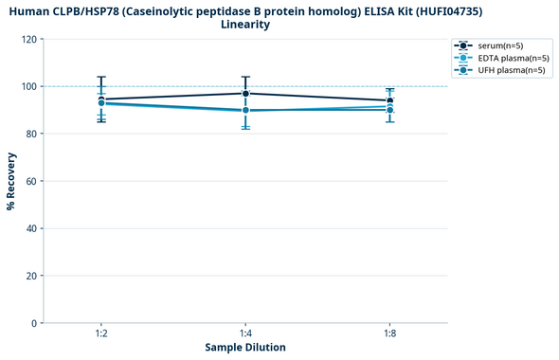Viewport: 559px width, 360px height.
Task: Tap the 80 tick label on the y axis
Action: [31, 134]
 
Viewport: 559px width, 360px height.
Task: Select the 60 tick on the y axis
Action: [31, 181]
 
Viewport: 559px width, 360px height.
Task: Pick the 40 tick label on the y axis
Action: [31, 228]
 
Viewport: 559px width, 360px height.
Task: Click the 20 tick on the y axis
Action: [31, 276]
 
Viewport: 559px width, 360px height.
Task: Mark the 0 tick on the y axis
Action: [34, 323]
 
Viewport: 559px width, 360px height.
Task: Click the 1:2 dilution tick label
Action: [100, 334]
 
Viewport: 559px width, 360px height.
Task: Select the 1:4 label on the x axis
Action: [245, 334]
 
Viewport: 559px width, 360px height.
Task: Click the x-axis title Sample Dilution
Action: [245, 348]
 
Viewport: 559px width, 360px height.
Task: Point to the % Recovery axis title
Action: [11, 181]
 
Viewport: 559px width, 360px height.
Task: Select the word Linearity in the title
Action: [245, 25]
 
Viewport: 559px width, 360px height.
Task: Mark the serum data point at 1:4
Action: [245, 93]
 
